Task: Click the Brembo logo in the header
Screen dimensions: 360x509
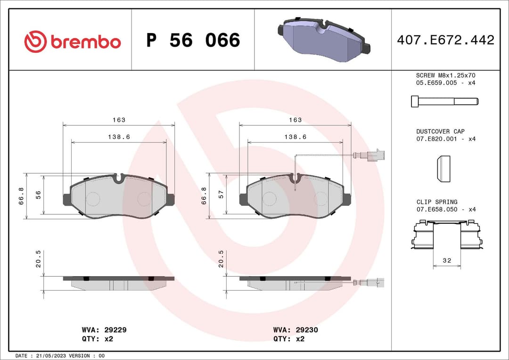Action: (x=73, y=41)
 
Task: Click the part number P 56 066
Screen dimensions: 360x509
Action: (x=193, y=41)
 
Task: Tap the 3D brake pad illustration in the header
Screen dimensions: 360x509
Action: (x=323, y=40)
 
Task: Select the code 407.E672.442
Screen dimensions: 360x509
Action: (x=445, y=40)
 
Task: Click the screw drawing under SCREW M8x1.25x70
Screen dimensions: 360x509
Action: (x=444, y=101)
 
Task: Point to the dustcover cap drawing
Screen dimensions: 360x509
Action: (x=443, y=169)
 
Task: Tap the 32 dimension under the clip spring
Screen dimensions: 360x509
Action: (x=447, y=260)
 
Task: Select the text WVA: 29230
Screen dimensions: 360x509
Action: (x=296, y=330)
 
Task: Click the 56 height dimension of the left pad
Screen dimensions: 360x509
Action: (x=39, y=195)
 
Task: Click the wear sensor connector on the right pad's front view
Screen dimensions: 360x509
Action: (x=377, y=155)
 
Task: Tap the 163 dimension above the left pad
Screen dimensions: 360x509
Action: (x=119, y=120)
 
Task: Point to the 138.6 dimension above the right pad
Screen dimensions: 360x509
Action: (x=295, y=137)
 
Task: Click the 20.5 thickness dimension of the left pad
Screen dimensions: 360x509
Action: (x=39, y=259)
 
